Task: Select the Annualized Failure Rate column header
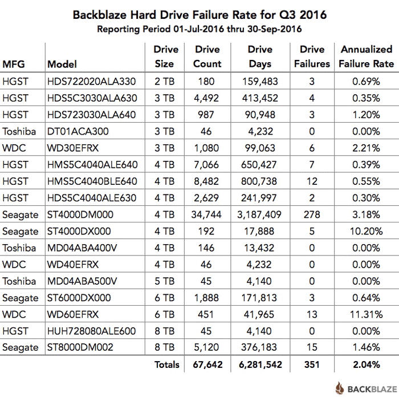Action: (x=366, y=57)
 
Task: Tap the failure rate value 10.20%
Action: (x=366, y=231)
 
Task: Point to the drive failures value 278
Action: (x=311, y=214)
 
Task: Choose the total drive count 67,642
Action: (x=207, y=364)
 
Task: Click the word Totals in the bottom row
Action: (x=166, y=364)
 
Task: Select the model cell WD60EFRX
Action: (x=73, y=314)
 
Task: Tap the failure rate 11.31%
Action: (x=366, y=314)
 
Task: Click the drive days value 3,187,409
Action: (x=259, y=214)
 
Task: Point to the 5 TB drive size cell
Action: (x=164, y=281)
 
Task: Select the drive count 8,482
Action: (x=207, y=181)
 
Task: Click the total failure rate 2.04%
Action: (x=366, y=364)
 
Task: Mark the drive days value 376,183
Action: (x=259, y=347)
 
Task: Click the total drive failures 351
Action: (x=311, y=364)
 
